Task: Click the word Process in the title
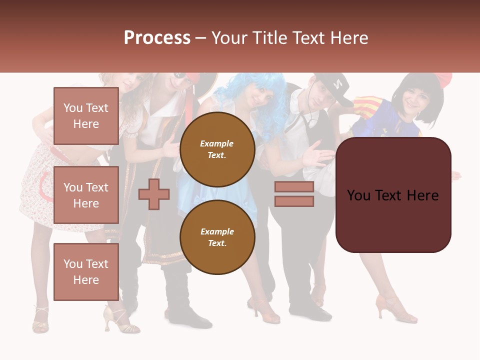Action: pos(157,37)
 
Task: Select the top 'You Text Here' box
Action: pos(86,116)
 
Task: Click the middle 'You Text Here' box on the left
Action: pos(86,195)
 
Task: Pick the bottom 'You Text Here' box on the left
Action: pos(86,271)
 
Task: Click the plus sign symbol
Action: pos(154,194)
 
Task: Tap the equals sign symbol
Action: pos(294,194)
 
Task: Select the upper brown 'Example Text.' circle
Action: pos(217,149)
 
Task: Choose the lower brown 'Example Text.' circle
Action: pos(217,237)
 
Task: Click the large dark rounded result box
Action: pos(393,195)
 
